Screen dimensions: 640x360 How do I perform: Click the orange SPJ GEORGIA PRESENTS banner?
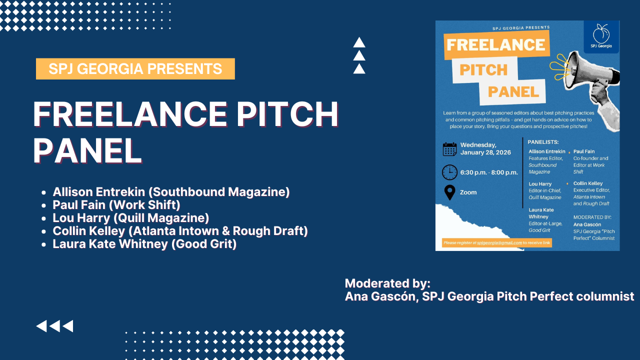click(x=135, y=68)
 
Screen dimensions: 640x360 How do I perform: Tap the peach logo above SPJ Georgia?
click(x=601, y=33)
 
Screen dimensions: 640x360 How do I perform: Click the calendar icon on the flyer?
click(x=449, y=149)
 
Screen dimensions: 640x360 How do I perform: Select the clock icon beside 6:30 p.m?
click(x=449, y=172)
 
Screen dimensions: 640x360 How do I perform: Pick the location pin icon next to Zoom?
click(x=449, y=192)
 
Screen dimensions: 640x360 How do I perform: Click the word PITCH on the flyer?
click(x=483, y=70)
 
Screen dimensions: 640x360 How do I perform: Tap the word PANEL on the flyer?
click(x=513, y=92)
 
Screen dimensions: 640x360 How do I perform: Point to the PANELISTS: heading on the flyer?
click(x=543, y=142)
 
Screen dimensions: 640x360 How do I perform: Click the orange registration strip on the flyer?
click(x=497, y=243)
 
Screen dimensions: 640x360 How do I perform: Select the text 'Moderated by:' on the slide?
click(x=387, y=283)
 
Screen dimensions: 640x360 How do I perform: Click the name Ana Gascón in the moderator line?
click(x=380, y=296)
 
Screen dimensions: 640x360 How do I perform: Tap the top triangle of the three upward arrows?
click(x=359, y=42)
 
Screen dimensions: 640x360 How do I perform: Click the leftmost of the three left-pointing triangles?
click(x=41, y=326)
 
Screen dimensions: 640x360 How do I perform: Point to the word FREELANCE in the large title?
click(x=130, y=114)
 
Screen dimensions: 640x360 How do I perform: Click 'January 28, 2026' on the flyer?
click(x=485, y=152)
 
